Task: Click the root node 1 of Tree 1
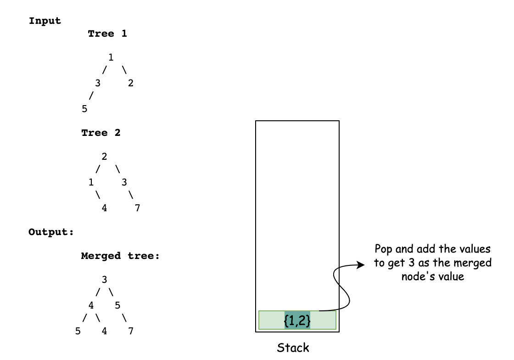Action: [x=111, y=57]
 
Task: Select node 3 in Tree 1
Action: [x=98, y=83]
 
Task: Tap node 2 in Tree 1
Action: [x=131, y=83]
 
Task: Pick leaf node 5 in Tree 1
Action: [x=84, y=109]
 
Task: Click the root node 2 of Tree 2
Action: [x=104, y=157]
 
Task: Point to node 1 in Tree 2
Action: [x=91, y=182]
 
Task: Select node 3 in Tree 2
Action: [x=124, y=182]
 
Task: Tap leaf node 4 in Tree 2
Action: [x=104, y=208]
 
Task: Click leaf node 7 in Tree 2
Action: [x=137, y=208]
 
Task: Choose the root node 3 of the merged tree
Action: [x=104, y=280]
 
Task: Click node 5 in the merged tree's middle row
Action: [x=117, y=305]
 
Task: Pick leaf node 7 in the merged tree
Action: [x=131, y=331]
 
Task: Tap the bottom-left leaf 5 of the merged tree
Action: [x=78, y=331]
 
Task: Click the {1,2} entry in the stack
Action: [x=297, y=320]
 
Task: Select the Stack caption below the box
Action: [x=293, y=348]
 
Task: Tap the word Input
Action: [x=45, y=21]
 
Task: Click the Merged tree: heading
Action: [x=121, y=256]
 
